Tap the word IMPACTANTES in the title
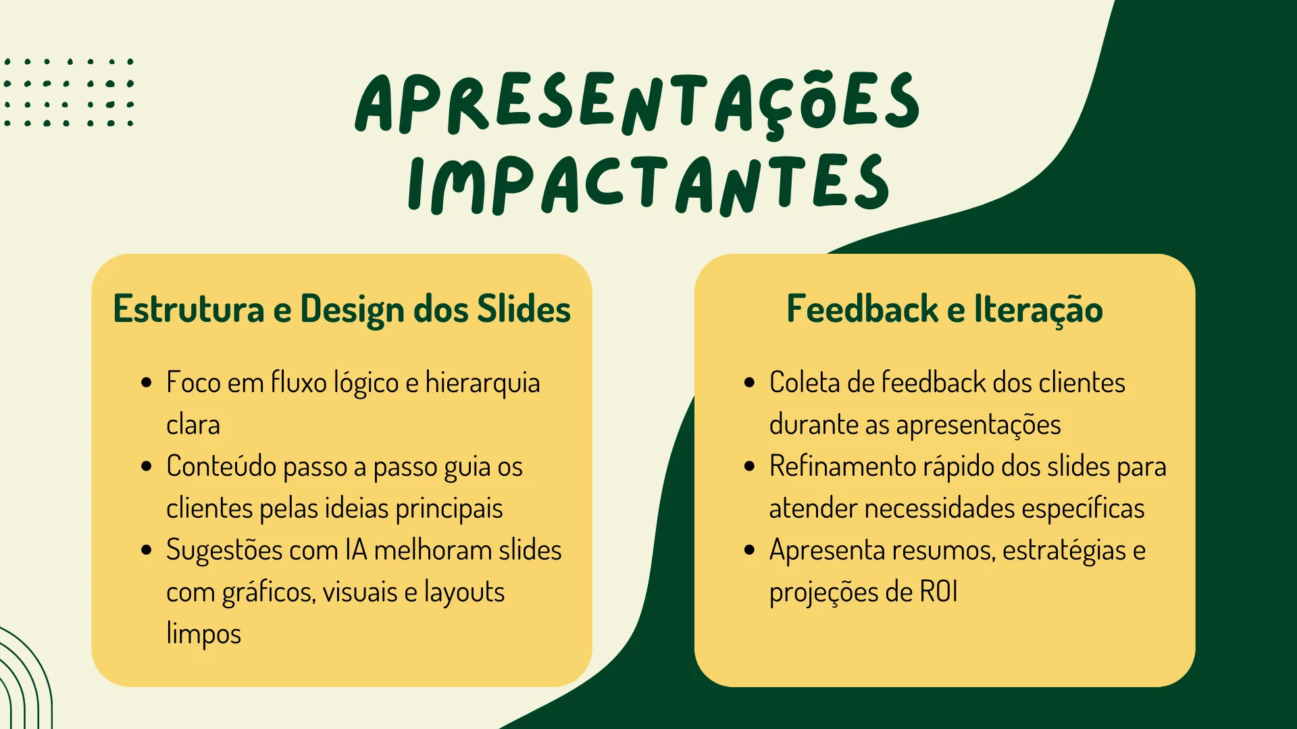(648, 184)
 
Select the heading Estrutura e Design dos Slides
(342, 310)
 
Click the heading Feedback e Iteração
(944, 309)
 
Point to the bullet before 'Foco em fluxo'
(147, 383)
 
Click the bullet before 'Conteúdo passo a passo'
(147, 466)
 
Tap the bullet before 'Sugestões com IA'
(147, 550)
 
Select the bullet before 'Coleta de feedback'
(749, 383)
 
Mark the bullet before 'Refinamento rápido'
(749, 466)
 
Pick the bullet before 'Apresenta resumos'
(749, 550)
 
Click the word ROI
(939, 592)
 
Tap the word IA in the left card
(356, 550)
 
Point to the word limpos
(203, 634)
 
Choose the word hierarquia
(482, 383)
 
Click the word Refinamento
(842, 466)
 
